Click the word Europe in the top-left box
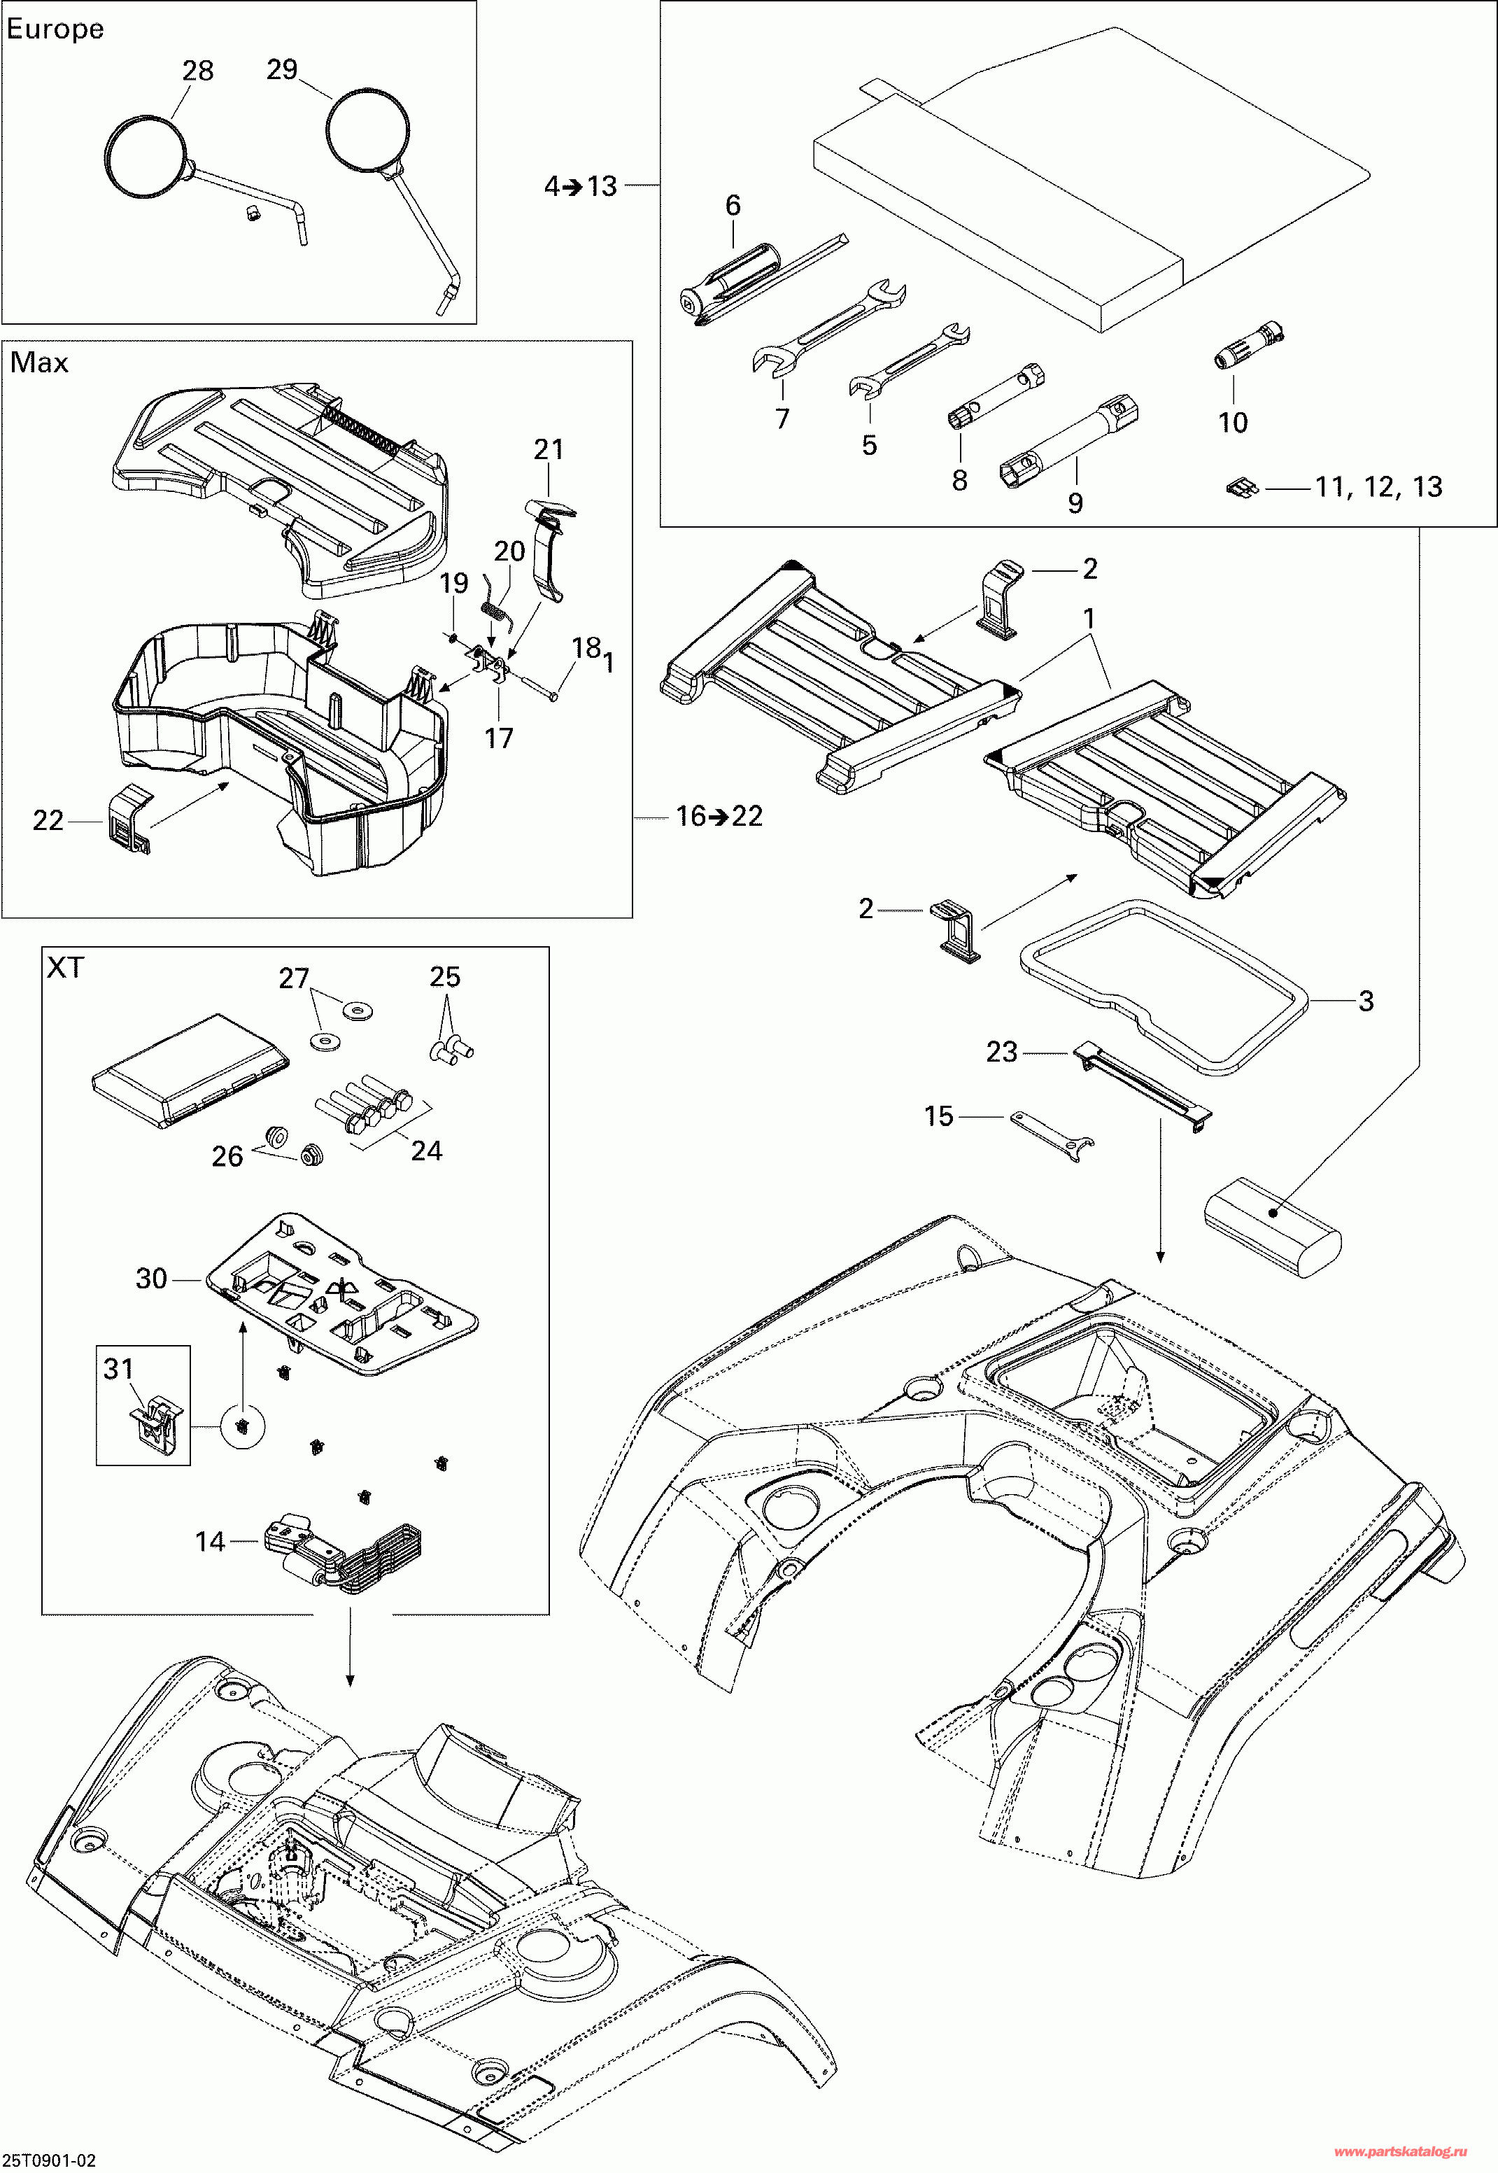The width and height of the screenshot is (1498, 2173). pyautogui.click(x=55, y=29)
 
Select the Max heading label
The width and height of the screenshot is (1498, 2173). pyautogui.click(x=39, y=363)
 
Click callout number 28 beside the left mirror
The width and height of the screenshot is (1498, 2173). pyautogui.click(x=198, y=71)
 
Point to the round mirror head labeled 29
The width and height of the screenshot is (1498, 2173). pyautogui.click(x=368, y=132)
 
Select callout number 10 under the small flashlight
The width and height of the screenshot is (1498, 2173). pyautogui.click(x=1232, y=423)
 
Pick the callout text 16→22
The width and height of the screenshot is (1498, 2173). pyautogui.click(x=719, y=816)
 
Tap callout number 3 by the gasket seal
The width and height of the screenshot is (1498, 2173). pyautogui.click(x=1366, y=1001)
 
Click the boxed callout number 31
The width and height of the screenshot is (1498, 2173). pyautogui.click(x=118, y=1369)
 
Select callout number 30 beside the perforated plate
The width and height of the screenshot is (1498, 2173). pyautogui.click(x=151, y=1279)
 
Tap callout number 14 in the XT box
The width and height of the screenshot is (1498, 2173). pyautogui.click(x=210, y=1541)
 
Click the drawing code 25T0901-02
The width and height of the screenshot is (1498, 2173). pyautogui.click(x=49, y=2160)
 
